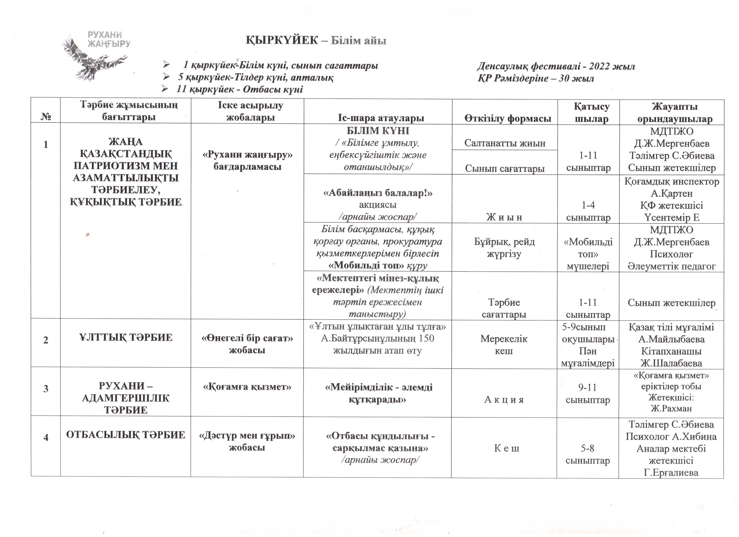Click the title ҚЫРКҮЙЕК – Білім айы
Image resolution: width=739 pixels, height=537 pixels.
(315, 40)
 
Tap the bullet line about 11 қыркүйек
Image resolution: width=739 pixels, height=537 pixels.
(240, 90)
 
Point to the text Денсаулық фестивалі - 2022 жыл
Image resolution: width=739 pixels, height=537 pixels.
(556, 66)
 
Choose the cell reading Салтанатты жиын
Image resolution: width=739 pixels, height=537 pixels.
(505, 143)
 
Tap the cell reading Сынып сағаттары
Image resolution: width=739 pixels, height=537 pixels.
(505, 168)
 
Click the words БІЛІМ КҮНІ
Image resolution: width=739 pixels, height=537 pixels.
(378, 131)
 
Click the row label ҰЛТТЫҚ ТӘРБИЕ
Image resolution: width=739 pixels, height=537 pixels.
(126, 337)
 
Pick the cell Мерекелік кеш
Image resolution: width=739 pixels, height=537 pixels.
(504, 344)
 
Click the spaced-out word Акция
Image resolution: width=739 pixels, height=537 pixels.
(504, 400)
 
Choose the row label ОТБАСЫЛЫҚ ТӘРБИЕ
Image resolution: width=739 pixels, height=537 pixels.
(126, 435)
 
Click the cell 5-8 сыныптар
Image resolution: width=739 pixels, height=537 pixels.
(587, 454)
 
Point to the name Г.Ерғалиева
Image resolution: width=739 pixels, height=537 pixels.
(671, 473)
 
